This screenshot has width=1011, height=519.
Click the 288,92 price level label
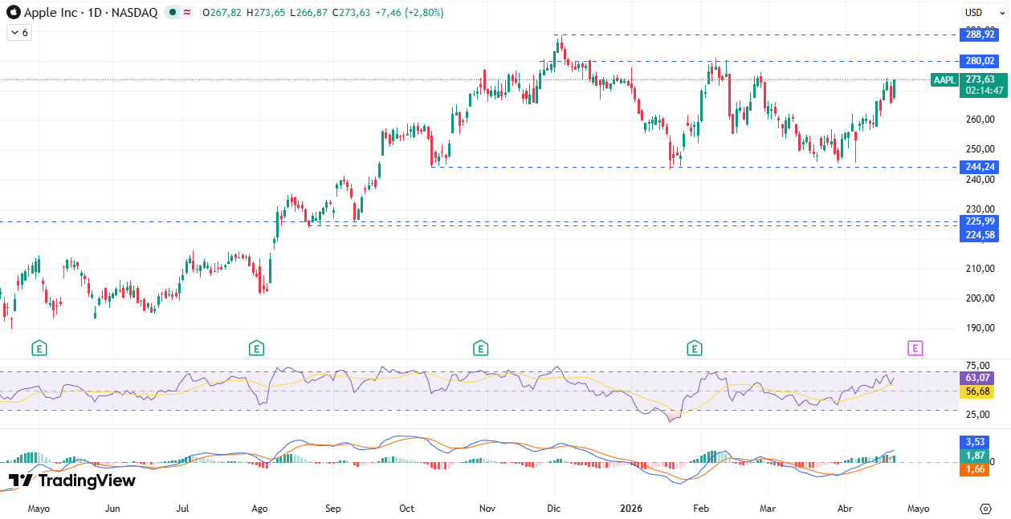click(x=980, y=34)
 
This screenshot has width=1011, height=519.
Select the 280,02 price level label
click(x=980, y=61)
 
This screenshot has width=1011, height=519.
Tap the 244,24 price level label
click(x=980, y=167)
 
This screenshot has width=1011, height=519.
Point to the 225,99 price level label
click(x=980, y=221)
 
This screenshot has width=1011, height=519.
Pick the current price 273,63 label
click(x=980, y=79)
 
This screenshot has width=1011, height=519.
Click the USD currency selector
click(x=974, y=13)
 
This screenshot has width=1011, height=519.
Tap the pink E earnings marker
click(x=915, y=348)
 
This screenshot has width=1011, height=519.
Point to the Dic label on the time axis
click(x=554, y=509)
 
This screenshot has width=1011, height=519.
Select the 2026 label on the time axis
click(x=632, y=509)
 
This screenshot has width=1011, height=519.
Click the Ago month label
click(x=259, y=509)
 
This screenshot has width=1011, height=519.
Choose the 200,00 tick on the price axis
click(x=980, y=298)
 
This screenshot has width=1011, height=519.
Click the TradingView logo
click(x=72, y=480)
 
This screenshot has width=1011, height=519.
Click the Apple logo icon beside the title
click(x=14, y=13)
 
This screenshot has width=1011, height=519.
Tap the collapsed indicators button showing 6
click(x=18, y=33)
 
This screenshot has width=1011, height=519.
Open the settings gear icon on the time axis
click(x=986, y=509)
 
